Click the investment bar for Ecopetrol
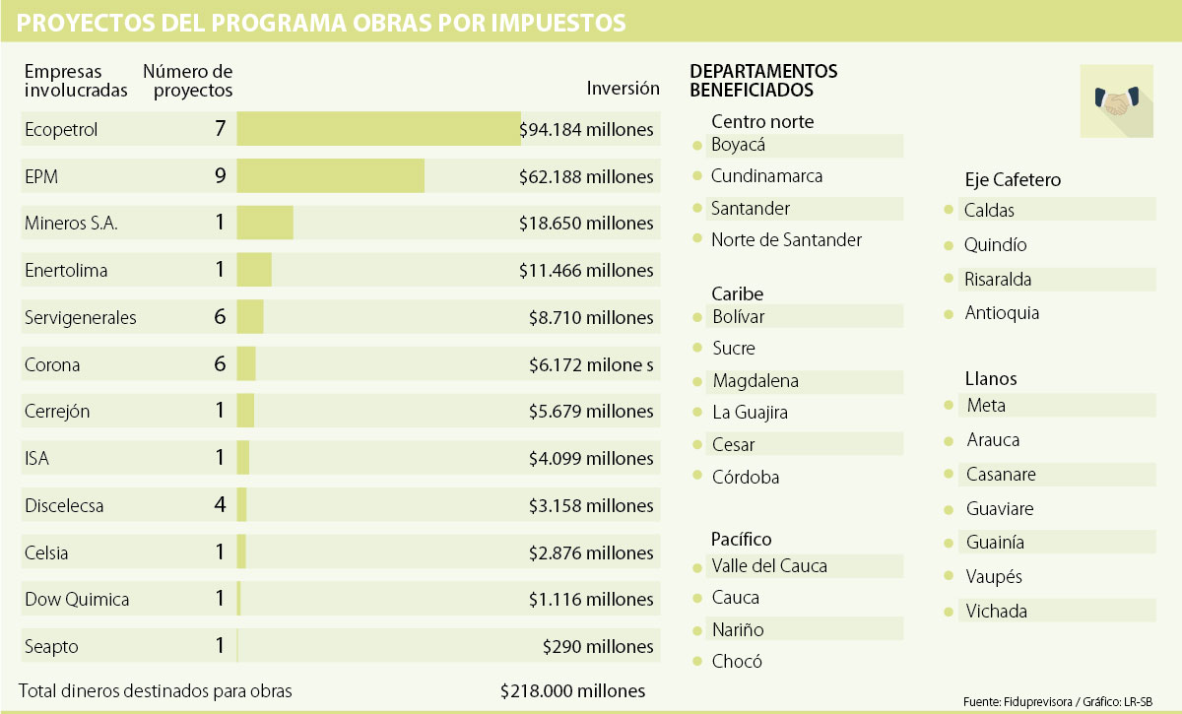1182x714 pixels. coord(378,129)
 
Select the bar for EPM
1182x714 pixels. coord(330,176)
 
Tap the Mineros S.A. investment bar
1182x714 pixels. coord(265,224)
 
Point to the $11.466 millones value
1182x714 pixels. coord(586,270)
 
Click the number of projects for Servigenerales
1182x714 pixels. coord(220,317)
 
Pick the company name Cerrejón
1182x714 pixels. coord(57,412)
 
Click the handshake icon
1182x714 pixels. coord(1116,100)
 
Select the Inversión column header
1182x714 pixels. coord(623,88)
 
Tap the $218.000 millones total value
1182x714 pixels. coord(572,690)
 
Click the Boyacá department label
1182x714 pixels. coord(739,145)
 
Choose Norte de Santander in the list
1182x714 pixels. coord(786,239)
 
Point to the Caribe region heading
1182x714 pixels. coord(737,293)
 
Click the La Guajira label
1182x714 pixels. coord(750,413)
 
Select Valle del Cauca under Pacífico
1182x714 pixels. coord(769,566)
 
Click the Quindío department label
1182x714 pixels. coord(995,245)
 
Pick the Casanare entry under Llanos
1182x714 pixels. coord(1001,475)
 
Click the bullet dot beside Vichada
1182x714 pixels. coord(948,612)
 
